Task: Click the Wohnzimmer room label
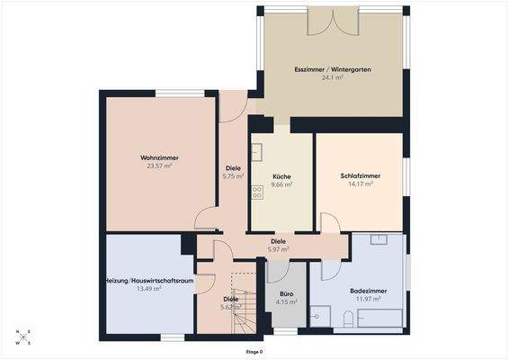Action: point(159,157)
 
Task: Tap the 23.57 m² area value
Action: point(159,166)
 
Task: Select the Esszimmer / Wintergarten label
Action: point(333,68)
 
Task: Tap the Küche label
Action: point(282,176)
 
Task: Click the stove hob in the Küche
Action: point(257,191)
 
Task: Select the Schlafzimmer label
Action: point(358,176)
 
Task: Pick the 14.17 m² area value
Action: point(358,184)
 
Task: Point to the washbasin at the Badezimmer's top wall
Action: point(379,240)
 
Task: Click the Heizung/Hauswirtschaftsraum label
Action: point(149,281)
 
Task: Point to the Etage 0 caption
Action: point(254,352)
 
